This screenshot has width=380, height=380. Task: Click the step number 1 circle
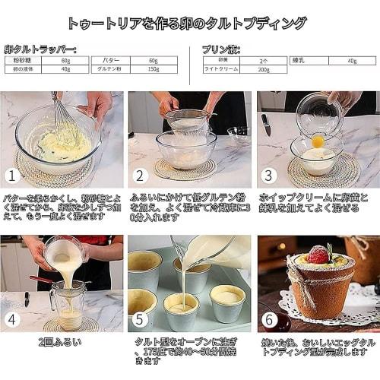[x=11, y=176]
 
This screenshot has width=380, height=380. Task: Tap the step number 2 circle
[x=139, y=176]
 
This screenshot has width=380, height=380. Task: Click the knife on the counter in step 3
[x=266, y=125]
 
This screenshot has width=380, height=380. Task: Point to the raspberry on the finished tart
[x=318, y=255]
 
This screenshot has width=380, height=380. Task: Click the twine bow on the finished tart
[x=298, y=295]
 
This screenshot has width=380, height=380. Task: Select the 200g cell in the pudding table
[x=263, y=69]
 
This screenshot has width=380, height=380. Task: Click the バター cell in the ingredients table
[x=110, y=60]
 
